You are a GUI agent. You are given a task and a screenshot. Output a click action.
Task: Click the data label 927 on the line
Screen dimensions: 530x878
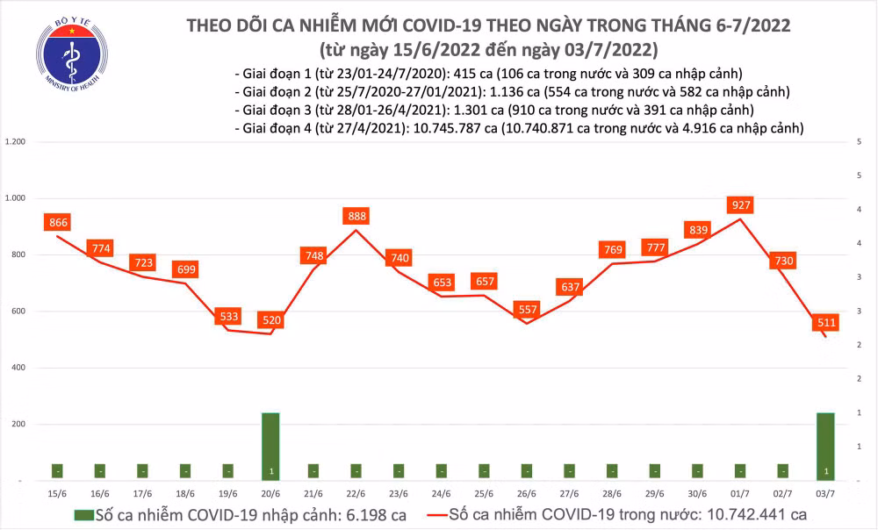[x=742, y=205]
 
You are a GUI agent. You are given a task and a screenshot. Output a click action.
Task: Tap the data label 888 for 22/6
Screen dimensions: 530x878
[x=357, y=216]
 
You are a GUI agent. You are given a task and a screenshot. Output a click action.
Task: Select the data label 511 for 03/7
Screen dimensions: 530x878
[x=826, y=322]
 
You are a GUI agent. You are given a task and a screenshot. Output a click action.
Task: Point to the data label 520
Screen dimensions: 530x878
[x=272, y=320]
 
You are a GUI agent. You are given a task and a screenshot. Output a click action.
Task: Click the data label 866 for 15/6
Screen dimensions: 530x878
[x=59, y=222]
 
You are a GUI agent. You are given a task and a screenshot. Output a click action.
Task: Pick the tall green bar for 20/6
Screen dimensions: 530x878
[x=272, y=446]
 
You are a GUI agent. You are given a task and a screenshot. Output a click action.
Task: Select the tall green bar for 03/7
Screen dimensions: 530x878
[x=826, y=446]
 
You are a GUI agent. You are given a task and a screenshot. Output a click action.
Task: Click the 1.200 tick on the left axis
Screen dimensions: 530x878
[x=17, y=142]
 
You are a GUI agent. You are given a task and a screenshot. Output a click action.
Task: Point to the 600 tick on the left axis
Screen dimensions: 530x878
[x=20, y=312]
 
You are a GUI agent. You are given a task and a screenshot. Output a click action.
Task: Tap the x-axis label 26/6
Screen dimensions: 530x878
[x=528, y=494]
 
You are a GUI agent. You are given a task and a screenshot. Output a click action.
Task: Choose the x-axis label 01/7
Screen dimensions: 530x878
[x=741, y=494]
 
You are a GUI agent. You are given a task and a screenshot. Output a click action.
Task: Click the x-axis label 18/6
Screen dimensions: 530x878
[x=186, y=494]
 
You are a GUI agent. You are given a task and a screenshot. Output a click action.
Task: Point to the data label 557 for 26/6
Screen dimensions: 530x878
[x=528, y=308]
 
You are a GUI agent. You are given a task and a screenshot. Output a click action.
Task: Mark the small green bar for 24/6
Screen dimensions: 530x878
[x=443, y=470]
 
